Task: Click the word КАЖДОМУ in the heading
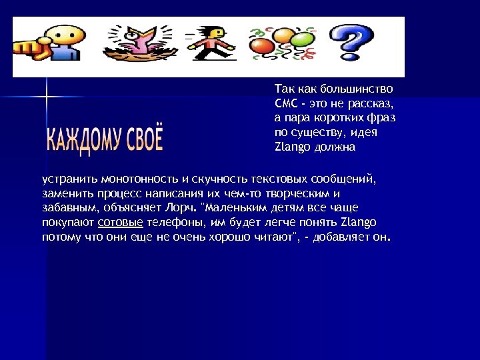click(x=83, y=139)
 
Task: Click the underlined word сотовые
click(x=121, y=222)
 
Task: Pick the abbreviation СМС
click(x=285, y=103)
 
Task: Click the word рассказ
click(x=375, y=103)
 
